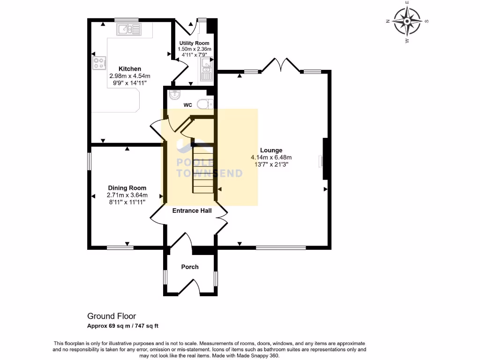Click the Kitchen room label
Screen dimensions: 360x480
[x=129, y=69]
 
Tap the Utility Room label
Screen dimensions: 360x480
[x=195, y=43]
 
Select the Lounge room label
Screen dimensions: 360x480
[x=271, y=150]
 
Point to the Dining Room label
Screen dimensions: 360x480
[x=127, y=188]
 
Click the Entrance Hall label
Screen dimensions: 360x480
[x=192, y=210]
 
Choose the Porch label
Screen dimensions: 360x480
[x=190, y=267]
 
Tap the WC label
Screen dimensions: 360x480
[x=187, y=105]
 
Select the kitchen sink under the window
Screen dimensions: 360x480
[x=129, y=30]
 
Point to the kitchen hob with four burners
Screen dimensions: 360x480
[x=99, y=63]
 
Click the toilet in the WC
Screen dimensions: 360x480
[x=204, y=104]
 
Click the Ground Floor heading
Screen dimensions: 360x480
[x=112, y=316]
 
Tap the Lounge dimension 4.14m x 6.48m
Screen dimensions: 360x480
[x=271, y=157]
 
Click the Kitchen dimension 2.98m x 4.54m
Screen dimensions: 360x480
[x=129, y=76]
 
